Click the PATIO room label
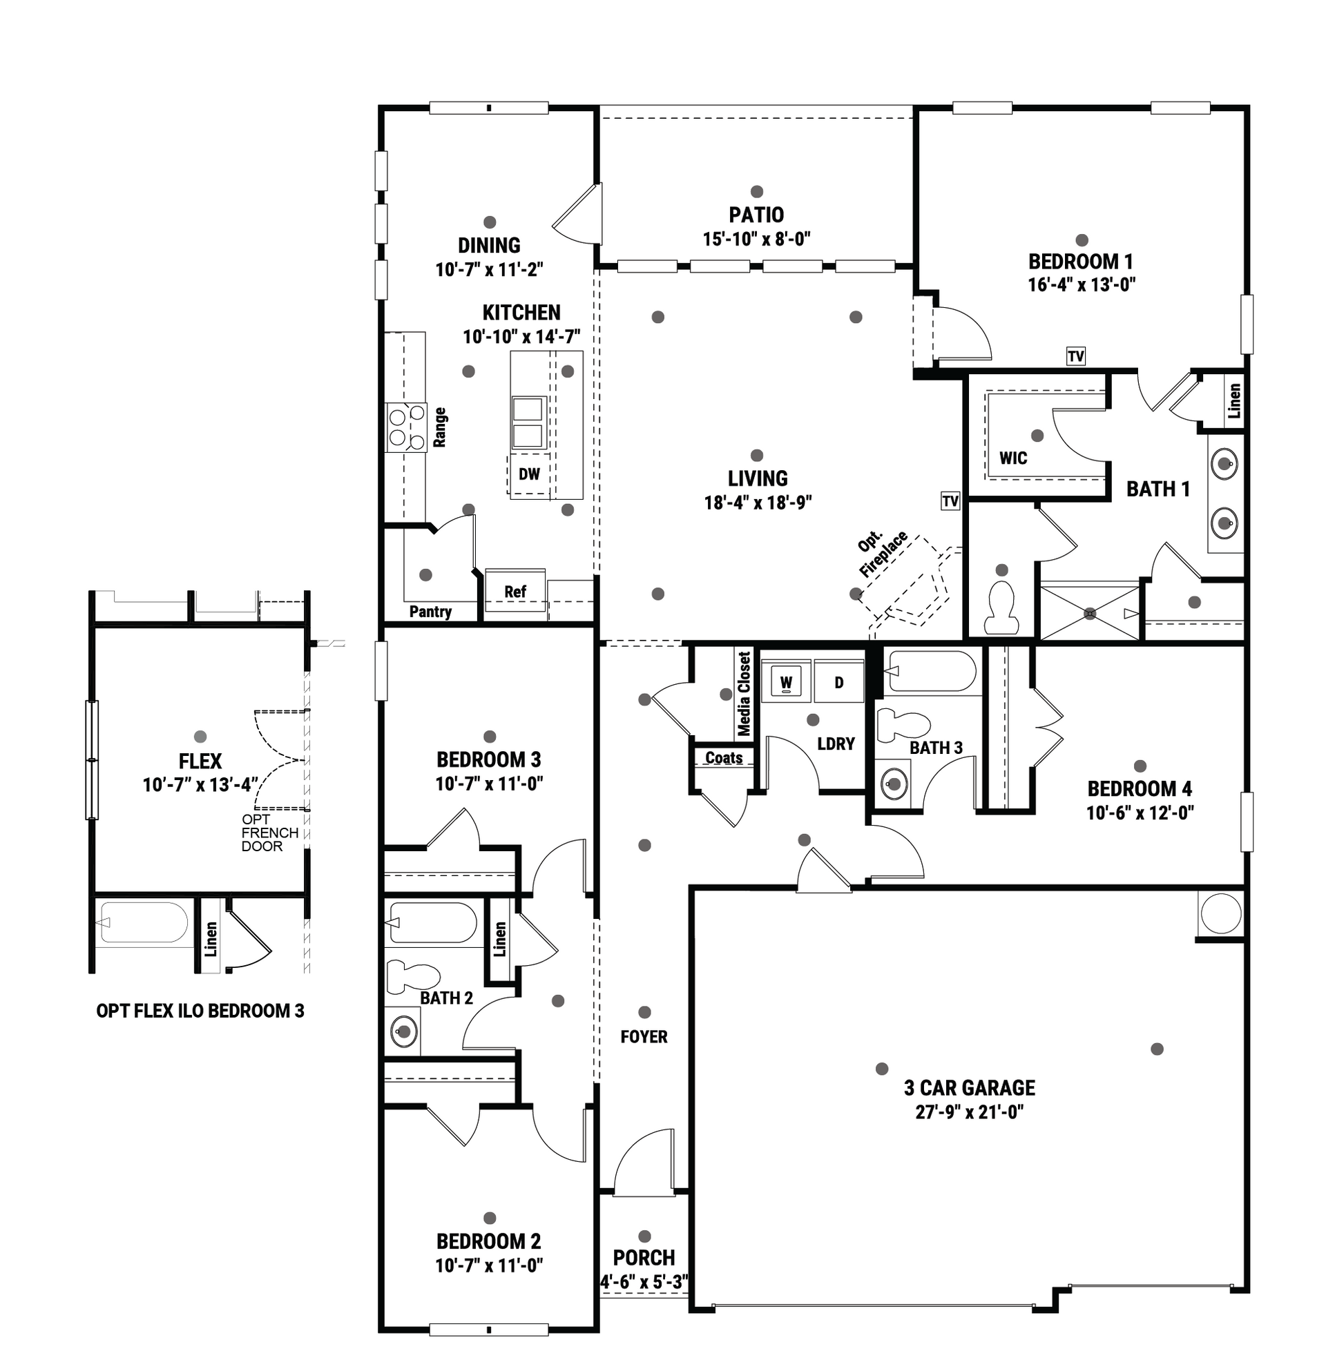(756, 215)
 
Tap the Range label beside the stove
(439, 427)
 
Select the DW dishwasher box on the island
(529, 474)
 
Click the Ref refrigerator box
(515, 591)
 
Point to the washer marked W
(787, 681)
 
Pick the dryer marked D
(839, 681)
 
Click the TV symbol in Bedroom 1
(1075, 356)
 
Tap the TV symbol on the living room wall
(950, 501)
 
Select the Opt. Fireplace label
(883, 553)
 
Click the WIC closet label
(1013, 458)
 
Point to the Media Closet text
(744, 694)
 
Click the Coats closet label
(724, 758)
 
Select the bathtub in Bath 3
(931, 671)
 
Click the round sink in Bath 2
(403, 1031)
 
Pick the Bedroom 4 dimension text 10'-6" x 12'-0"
(1140, 813)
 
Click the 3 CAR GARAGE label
(970, 1087)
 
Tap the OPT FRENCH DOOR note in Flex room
(269, 833)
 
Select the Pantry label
(430, 612)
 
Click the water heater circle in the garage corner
(1221, 913)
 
